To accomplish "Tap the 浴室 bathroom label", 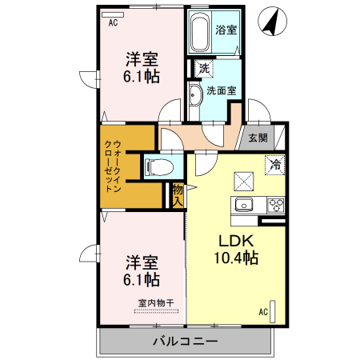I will pyautogui.click(x=226, y=30).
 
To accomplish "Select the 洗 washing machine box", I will pyautogui.click(x=204, y=69).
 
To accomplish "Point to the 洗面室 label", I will pyautogui.click(x=221, y=90).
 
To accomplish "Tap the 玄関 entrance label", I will pyautogui.click(x=258, y=138).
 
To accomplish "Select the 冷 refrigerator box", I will pyautogui.click(x=274, y=165).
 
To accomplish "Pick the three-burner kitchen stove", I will pyautogui.click(x=276, y=203).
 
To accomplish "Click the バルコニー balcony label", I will pyautogui.click(x=186, y=342).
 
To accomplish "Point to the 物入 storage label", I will pyautogui.click(x=178, y=194).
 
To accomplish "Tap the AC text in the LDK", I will pyautogui.click(x=263, y=311).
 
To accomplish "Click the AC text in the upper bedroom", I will pyautogui.click(x=114, y=22).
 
